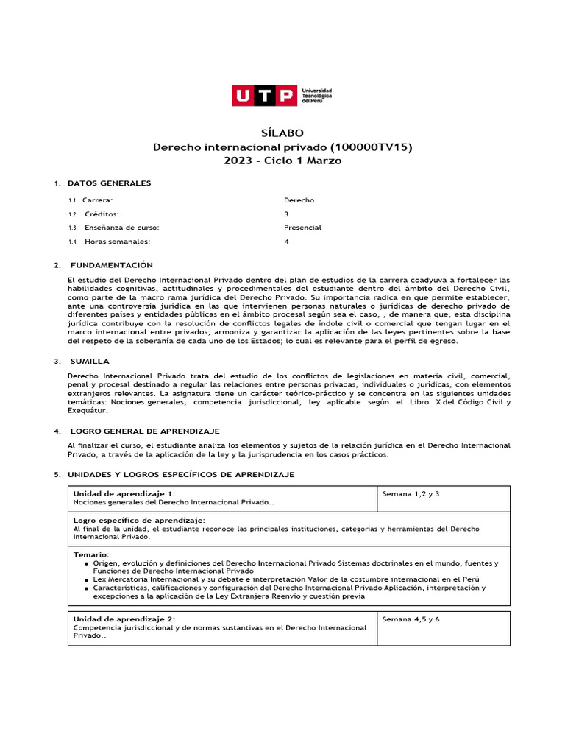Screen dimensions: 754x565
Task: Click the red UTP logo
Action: [x=265, y=96]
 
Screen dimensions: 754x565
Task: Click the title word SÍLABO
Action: [x=282, y=133]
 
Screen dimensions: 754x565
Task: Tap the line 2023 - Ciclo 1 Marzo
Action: [x=282, y=161]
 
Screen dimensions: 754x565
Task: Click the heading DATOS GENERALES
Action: [x=109, y=183]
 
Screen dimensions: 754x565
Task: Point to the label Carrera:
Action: [x=98, y=200]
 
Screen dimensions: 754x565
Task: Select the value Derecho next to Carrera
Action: [x=299, y=200]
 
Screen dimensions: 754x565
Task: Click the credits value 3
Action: [x=287, y=214]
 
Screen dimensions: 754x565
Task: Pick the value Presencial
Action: [x=302, y=228]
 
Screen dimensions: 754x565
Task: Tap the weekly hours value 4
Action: [x=287, y=242]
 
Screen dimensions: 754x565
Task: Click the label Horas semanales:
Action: [x=117, y=242]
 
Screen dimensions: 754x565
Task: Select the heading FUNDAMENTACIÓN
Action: [x=111, y=264]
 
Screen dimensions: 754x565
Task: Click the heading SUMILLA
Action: [x=90, y=361]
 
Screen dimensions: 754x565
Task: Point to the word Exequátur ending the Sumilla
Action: [x=86, y=411]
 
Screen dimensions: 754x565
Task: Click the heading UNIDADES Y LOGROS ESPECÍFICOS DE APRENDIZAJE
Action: [x=181, y=475]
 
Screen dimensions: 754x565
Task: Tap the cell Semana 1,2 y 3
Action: [x=411, y=493]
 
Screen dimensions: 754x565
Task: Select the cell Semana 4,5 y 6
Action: [x=411, y=619]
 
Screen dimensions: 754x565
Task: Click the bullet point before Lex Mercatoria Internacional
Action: [x=87, y=579]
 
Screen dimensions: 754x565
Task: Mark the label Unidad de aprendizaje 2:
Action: [x=124, y=619]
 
